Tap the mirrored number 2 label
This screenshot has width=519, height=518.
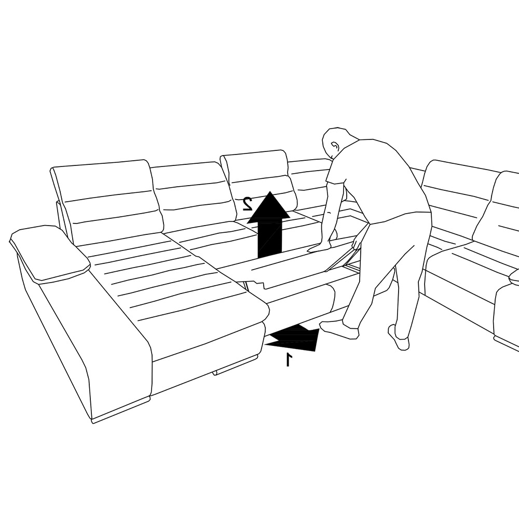tap(248, 204)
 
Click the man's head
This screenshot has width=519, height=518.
tap(338, 142)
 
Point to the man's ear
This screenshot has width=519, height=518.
tap(335, 146)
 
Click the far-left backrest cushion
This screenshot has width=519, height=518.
tap(106, 202)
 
